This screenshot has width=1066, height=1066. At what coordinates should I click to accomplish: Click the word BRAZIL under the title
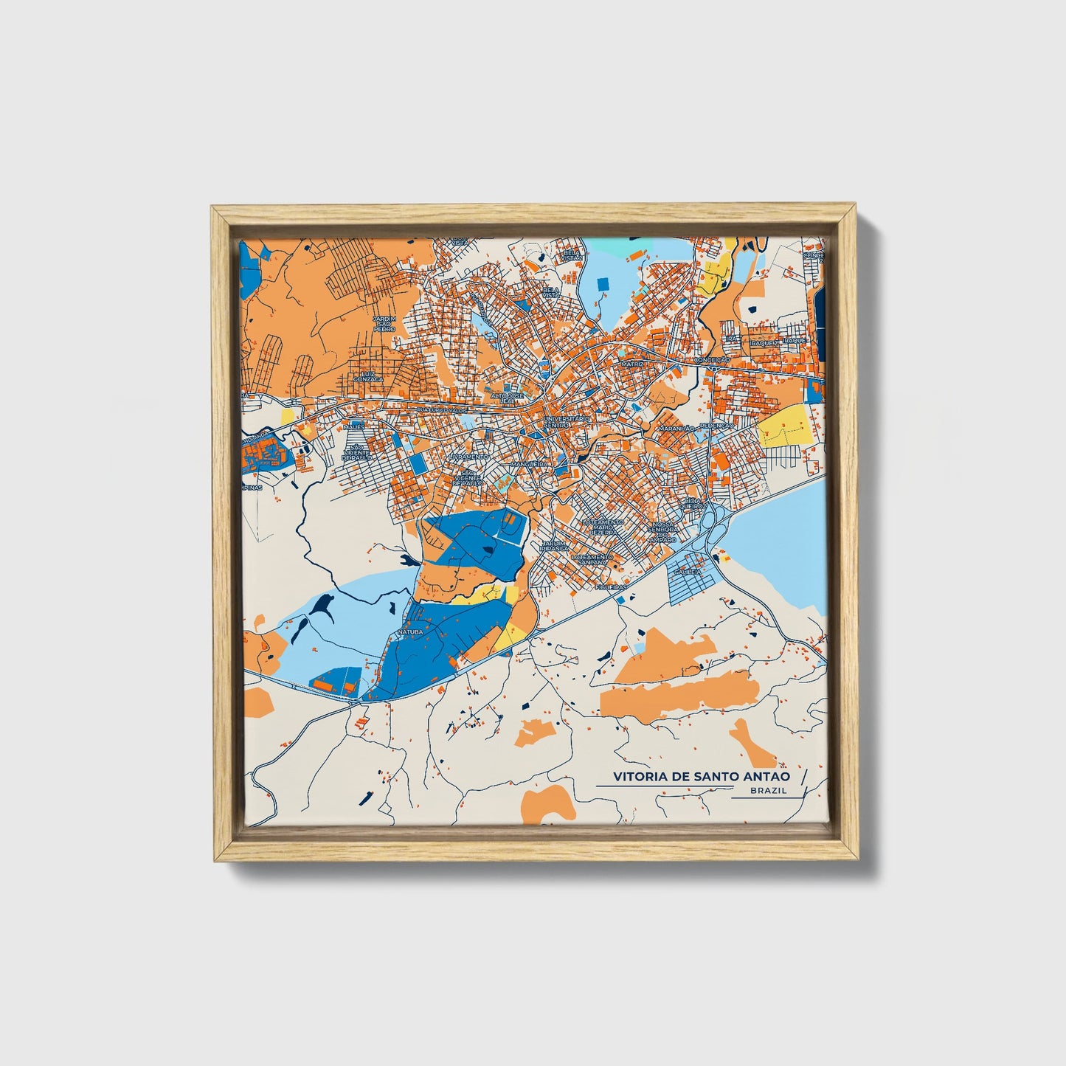(x=768, y=790)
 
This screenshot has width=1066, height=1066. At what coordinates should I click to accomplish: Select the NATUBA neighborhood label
(x=409, y=632)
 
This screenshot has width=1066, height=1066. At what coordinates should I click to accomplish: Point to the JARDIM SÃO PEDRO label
(x=384, y=325)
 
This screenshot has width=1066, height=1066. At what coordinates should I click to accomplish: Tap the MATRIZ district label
(x=632, y=364)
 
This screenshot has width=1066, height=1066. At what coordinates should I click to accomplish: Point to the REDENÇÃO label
(x=717, y=426)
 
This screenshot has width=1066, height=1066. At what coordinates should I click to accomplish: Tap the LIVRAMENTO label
(x=468, y=457)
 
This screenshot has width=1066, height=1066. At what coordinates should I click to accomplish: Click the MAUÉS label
(x=354, y=426)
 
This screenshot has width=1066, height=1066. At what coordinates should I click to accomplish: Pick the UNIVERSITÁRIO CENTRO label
(x=567, y=422)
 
